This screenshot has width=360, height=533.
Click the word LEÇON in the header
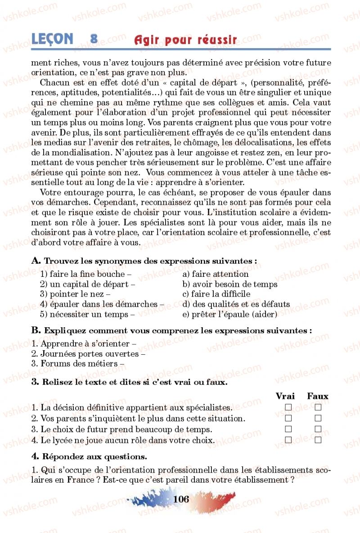tap(52, 39)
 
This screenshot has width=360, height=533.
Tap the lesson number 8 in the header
tap(94, 39)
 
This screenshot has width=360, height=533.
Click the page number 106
tap(180, 499)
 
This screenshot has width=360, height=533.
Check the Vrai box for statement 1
tap(288, 407)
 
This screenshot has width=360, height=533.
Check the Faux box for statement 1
tap(318, 407)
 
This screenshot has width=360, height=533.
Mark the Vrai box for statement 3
tap(288, 429)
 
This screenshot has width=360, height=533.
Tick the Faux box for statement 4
tap(318, 440)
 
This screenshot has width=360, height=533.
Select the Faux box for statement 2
tap(318, 419)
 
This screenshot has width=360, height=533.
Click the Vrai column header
tap(285, 396)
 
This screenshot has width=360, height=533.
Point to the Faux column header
tap(318, 396)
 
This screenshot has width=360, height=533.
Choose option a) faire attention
tap(215, 274)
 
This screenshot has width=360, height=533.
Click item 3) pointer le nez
tap(75, 294)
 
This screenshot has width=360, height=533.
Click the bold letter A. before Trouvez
tap(36, 261)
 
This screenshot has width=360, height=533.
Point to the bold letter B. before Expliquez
tap(36, 330)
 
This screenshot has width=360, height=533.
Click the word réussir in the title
tap(216, 41)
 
